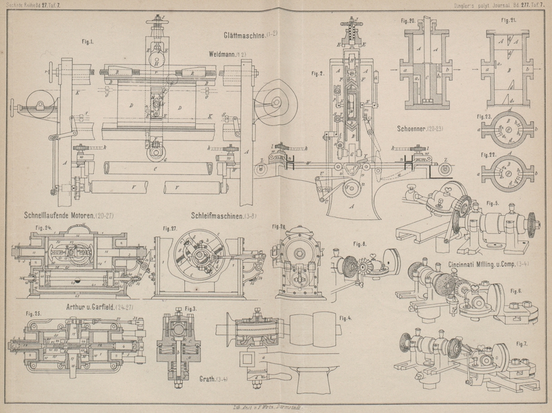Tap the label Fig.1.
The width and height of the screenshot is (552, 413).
88,41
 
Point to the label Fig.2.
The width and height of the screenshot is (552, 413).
318,73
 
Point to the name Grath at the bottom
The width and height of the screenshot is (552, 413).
206,379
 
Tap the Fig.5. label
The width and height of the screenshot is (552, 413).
493,203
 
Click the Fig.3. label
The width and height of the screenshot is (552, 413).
190,308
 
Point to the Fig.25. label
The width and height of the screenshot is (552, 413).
34,314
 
